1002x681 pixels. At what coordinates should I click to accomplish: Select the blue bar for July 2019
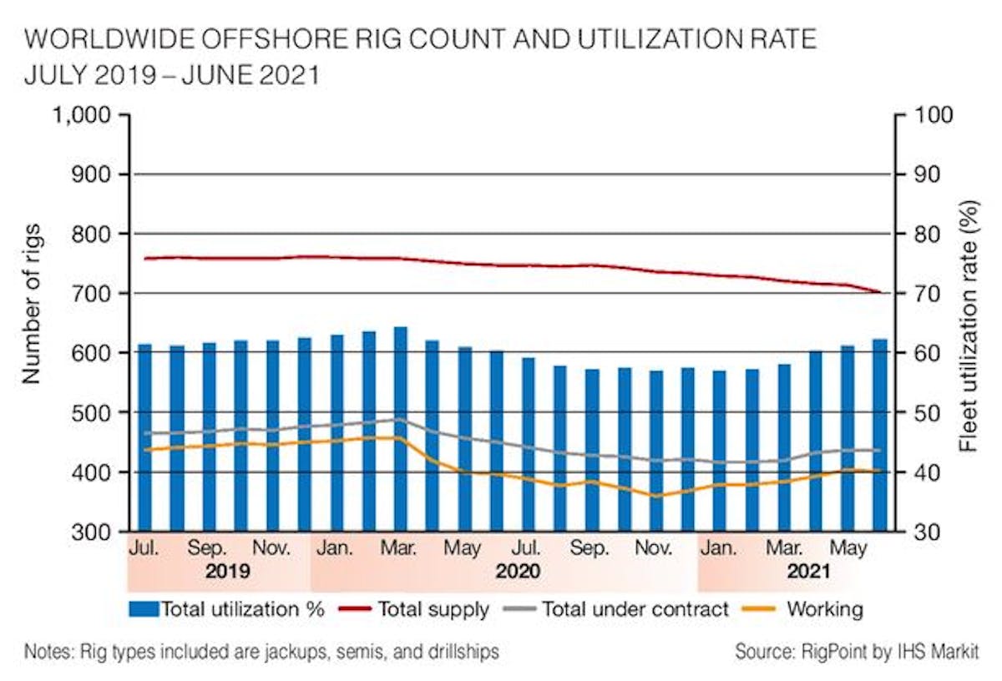(x=144, y=438)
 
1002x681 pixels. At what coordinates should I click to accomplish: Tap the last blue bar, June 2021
(x=880, y=438)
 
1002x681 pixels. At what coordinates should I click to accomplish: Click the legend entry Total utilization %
(x=227, y=609)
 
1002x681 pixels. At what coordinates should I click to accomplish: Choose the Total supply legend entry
(x=415, y=609)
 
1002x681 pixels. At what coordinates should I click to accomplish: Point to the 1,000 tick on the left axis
(x=83, y=114)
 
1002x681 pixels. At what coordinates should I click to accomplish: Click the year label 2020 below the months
(x=517, y=573)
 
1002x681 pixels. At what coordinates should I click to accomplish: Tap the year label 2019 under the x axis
(x=228, y=573)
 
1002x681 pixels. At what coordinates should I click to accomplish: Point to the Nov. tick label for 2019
(x=272, y=549)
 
